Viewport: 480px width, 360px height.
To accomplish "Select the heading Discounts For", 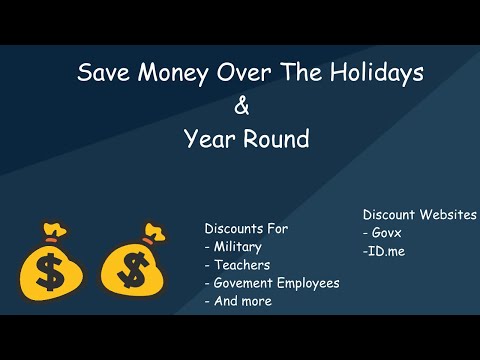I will (246, 229).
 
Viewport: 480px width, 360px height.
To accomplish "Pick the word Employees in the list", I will (310, 283).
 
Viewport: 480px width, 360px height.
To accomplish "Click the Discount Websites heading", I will (419, 215).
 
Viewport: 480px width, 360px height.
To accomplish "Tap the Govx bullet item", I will (383, 233).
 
